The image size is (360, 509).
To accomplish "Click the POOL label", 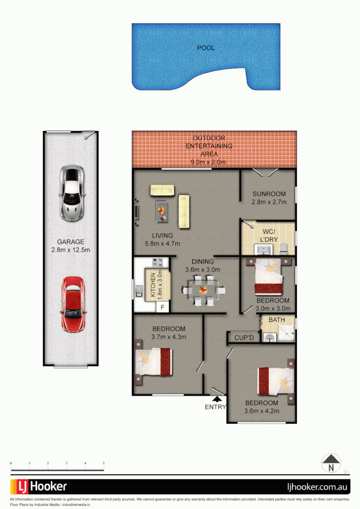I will tap(205, 48).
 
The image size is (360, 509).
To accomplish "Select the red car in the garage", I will tap(73, 304).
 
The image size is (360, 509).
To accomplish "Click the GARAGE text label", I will tap(71, 242).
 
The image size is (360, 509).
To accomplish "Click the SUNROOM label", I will tap(269, 194).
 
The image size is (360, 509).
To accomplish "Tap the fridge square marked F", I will tap(163, 307).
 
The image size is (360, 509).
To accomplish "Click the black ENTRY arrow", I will tap(215, 399).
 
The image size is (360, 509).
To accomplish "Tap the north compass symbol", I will tap(331, 462).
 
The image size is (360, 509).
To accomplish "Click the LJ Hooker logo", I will tap(39, 486).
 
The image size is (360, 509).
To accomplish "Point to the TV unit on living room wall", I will tap(137, 212).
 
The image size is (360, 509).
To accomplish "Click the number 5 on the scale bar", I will tap(103, 464).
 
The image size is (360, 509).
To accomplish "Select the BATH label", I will tap(277, 320).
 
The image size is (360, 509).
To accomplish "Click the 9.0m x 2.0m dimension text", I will tap(208, 162).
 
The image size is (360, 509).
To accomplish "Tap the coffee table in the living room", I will tap(161, 210).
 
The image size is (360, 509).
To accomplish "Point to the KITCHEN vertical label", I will tap(153, 285).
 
